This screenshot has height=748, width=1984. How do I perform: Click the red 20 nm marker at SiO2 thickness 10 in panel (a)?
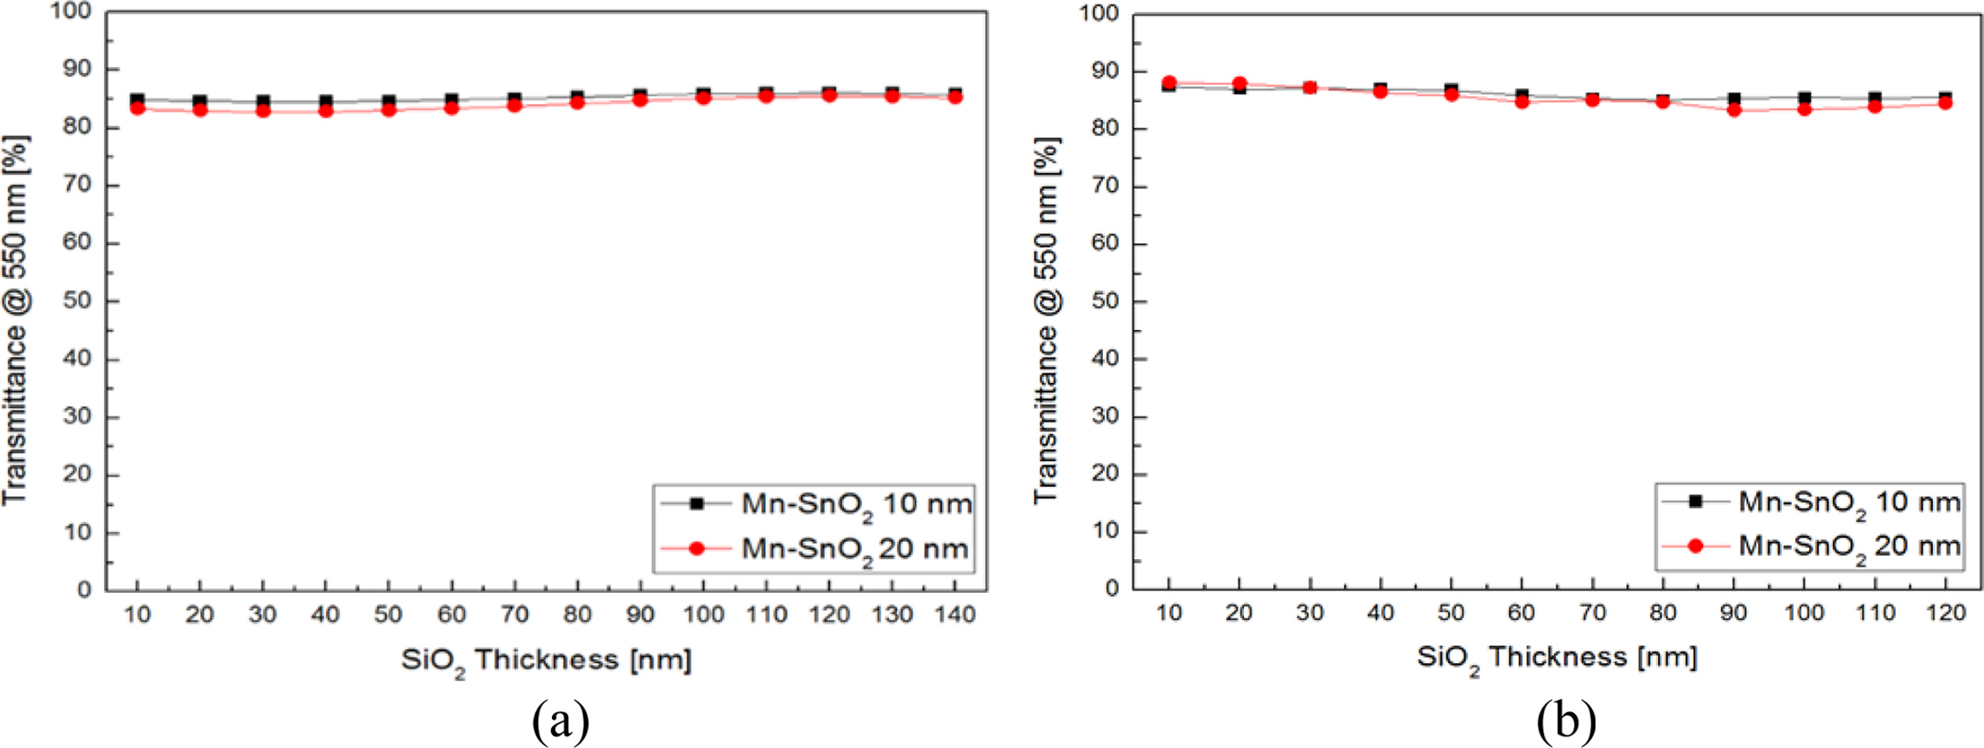pyautogui.click(x=137, y=108)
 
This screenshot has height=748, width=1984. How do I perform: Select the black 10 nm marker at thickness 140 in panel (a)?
pyautogui.click(x=955, y=94)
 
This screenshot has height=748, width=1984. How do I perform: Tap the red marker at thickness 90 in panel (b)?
pyautogui.click(x=1734, y=109)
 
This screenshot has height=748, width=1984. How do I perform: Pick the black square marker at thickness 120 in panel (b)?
pyautogui.click(x=1945, y=98)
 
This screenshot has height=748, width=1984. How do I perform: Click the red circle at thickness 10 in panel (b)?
pyautogui.click(x=1169, y=83)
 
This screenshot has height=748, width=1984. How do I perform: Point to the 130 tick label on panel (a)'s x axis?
pyautogui.click(x=892, y=614)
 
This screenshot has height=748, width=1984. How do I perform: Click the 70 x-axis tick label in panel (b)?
pyautogui.click(x=1593, y=613)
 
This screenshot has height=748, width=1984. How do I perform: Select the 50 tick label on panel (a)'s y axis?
pyautogui.click(x=77, y=301)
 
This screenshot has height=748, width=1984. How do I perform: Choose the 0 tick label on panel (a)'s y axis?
pyautogui.click(x=84, y=591)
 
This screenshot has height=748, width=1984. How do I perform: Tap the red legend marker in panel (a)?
pyautogui.click(x=696, y=548)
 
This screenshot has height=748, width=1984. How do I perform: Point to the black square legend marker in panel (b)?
pyautogui.click(x=1697, y=502)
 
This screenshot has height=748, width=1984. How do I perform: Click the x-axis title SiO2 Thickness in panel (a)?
pyautogui.click(x=546, y=660)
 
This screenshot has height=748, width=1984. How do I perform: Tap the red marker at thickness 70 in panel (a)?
pyautogui.click(x=514, y=105)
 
